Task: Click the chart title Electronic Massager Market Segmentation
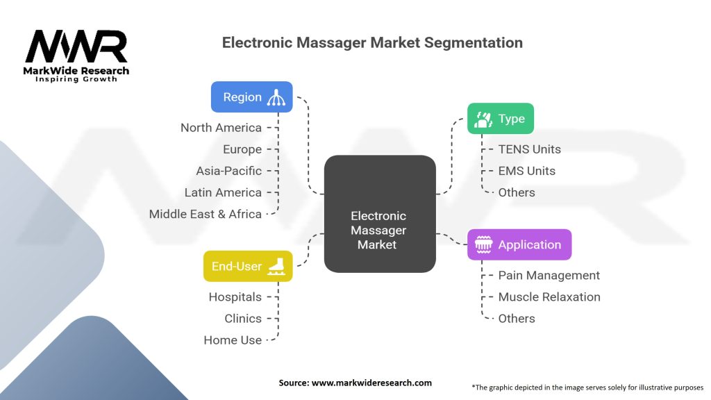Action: click(372, 42)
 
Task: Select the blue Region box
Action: click(251, 97)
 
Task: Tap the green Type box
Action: click(500, 119)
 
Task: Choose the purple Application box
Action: click(519, 244)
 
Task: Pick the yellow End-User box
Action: click(247, 266)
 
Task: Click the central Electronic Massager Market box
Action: click(379, 213)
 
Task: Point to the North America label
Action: click(221, 128)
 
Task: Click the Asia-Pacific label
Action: click(228, 171)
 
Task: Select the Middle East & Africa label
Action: click(205, 214)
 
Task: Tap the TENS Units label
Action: click(529, 149)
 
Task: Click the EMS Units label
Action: click(526, 171)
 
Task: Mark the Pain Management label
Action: click(549, 275)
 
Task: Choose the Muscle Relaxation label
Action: click(549, 297)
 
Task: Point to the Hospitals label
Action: click(235, 297)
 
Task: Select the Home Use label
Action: click(233, 340)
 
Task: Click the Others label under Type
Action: click(517, 192)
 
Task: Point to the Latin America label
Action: click(223, 192)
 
